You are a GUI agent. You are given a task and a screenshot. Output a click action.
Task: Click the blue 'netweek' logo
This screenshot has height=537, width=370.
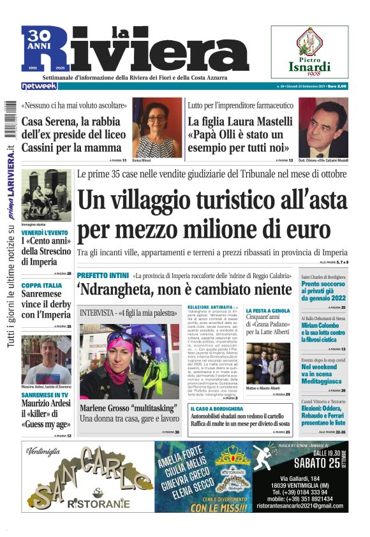coord(39,85)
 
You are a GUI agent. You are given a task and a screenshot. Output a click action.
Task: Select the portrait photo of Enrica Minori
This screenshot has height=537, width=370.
coord(157,128)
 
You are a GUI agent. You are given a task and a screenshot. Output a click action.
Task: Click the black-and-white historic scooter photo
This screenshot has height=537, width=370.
coord(46,195)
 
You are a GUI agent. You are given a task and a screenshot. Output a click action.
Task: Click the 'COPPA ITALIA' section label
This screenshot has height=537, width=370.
coord(41,285)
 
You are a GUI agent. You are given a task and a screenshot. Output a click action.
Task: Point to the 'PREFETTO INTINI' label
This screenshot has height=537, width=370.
coord(102,274)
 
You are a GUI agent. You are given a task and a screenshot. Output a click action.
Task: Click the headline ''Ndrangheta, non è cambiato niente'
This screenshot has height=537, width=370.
coord(184,290)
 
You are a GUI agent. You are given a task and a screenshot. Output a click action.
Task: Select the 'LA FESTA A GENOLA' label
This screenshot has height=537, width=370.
coord(267,311)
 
